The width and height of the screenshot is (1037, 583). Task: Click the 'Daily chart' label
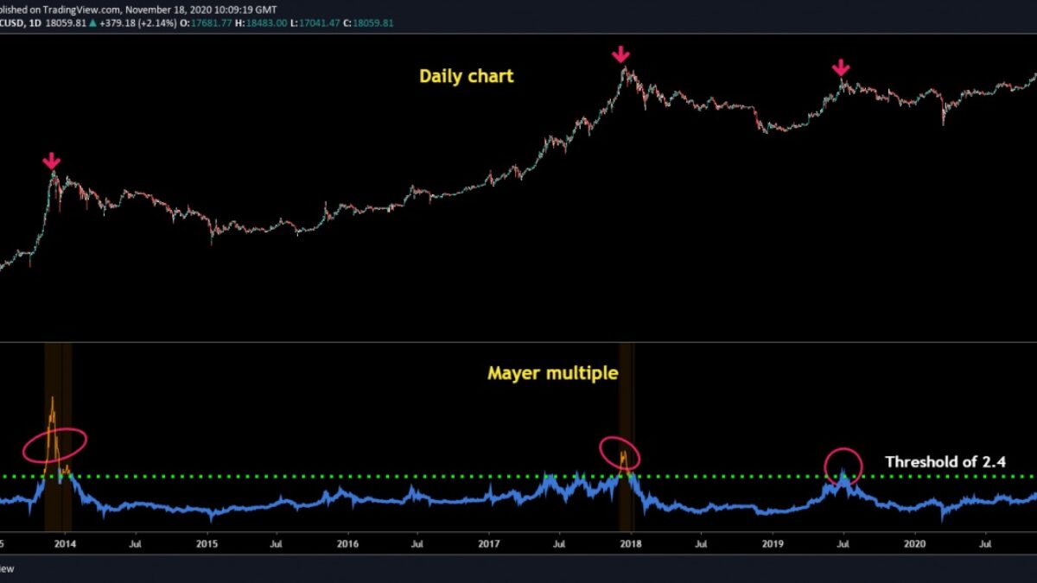467,76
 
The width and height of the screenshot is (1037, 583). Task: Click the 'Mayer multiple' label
553,373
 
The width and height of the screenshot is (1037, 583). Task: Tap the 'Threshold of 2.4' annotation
945,462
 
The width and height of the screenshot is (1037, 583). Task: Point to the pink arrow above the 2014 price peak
52,161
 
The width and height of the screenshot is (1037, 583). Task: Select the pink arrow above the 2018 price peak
620,55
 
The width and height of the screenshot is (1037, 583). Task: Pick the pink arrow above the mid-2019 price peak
841,68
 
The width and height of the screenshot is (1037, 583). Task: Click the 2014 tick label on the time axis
64,544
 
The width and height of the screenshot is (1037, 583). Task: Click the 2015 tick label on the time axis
207,544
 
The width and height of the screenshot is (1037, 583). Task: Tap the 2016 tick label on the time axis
347,544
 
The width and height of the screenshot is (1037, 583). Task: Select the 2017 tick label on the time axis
489,544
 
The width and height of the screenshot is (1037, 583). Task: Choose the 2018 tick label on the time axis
631,544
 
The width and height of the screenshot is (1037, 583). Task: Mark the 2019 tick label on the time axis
773,544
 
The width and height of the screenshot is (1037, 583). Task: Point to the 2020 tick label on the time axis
914,544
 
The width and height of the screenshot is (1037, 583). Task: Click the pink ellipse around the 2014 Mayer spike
54,444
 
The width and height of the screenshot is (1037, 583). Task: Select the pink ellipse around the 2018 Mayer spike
620,453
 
